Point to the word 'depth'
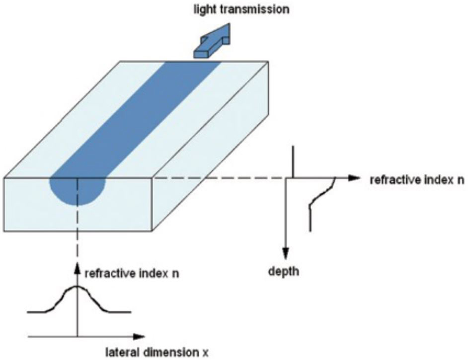(x=286, y=272)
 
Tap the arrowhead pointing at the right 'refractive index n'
(x=353, y=177)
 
